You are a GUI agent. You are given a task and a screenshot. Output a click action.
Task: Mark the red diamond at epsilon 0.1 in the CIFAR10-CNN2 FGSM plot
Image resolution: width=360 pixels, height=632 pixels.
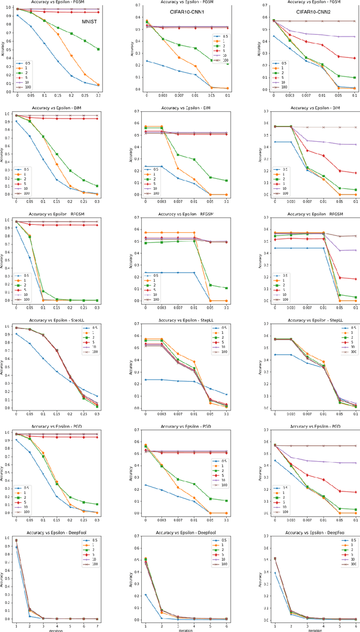pyautogui.click(x=354, y=58)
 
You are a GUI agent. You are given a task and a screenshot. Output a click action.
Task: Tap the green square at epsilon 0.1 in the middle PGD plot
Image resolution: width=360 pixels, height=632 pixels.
pyautogui.click(x=226, y=500)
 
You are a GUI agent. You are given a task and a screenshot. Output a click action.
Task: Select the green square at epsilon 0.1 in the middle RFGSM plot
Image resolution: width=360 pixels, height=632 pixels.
pyautogui.click(x=226, y=288)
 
